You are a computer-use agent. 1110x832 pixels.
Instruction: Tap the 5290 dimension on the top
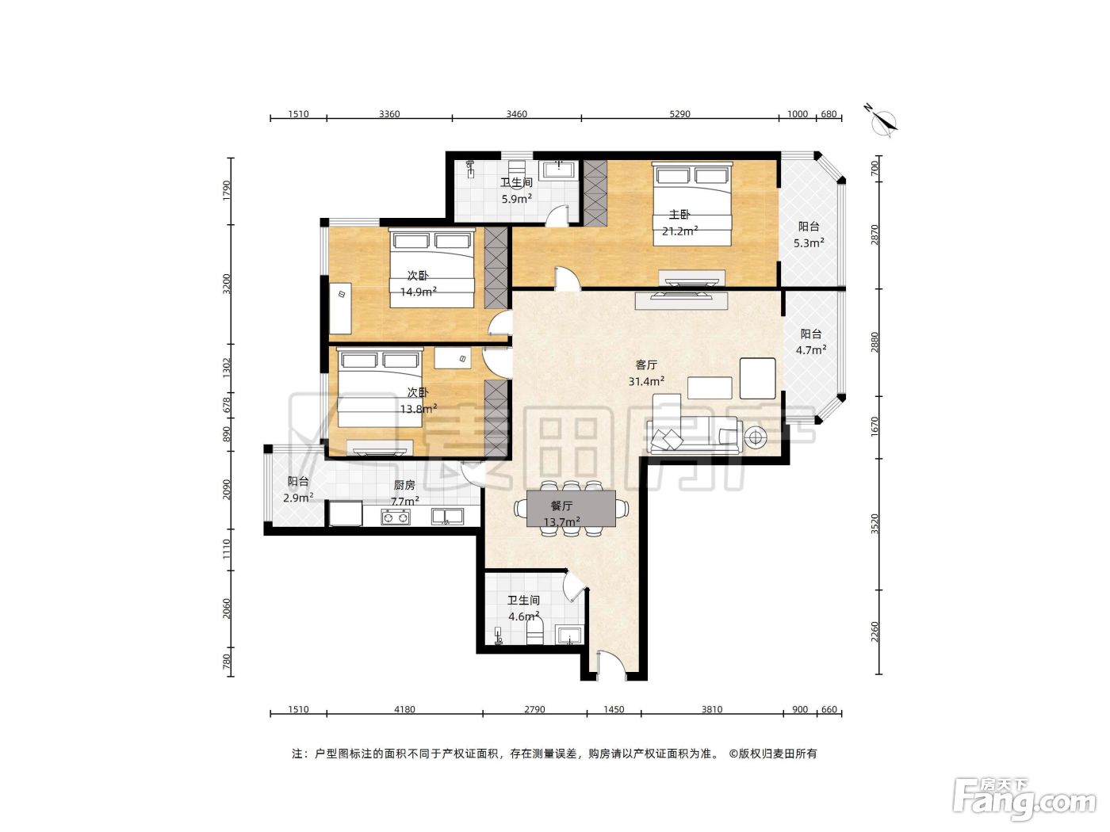[x=679, y=114]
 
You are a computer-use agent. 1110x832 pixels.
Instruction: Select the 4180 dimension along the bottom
[x=404, y=709]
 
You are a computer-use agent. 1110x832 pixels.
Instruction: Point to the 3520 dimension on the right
[x=875, y=524]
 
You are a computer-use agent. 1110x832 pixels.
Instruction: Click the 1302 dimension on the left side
[x=227, y=368]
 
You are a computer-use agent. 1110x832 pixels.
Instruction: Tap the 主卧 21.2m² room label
[x=679, y=223]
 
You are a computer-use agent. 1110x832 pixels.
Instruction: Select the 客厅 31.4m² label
[x=646, y=372]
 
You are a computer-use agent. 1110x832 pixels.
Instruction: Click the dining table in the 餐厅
[x=572, y=508]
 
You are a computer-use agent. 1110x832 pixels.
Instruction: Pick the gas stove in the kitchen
[x=396, y=517]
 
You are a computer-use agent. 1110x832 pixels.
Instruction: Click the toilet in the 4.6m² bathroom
[x=534, y=632]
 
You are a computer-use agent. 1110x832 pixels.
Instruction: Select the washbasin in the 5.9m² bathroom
[x=559, y=170]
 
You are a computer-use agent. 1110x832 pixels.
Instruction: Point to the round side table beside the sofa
[x=755, y=437]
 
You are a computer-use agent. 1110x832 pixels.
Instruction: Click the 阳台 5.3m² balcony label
[x=809, y=235]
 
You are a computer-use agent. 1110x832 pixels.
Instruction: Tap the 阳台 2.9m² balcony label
[x=298, y=490]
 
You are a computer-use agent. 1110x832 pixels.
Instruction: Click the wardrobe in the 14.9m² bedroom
[x=496, y=267]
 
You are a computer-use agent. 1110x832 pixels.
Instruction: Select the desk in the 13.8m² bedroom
[x=453, y=357]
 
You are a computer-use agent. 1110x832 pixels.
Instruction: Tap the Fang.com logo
[x=1024, y=801]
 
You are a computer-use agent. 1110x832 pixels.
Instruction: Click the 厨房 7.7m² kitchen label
[x=404, y=493]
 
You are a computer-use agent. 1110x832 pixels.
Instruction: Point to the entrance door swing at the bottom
[x=612, y=664]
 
